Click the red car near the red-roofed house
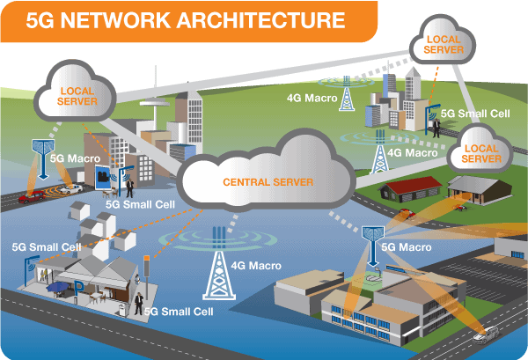(x=406, y=214)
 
